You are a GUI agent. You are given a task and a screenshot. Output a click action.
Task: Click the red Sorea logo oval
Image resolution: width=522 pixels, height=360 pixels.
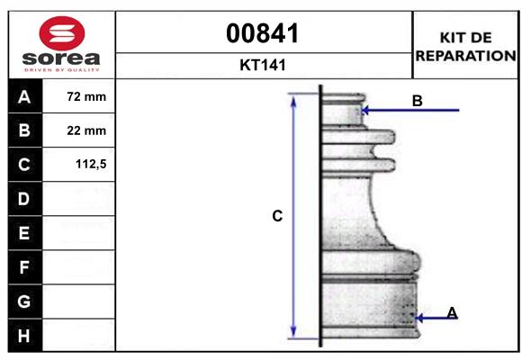tap(62, 33)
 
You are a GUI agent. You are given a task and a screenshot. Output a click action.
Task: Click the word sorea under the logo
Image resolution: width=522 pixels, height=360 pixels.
tap(61, 58)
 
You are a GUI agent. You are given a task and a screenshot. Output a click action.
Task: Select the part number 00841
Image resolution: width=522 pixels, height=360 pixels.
tap(262, 33)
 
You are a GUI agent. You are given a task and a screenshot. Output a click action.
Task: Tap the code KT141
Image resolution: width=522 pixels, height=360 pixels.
tap(263, 65)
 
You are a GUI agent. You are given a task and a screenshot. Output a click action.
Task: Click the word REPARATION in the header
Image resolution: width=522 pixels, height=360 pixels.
tap(465, 56)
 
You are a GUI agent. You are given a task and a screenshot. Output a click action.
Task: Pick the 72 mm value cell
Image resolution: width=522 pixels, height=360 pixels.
tap(78, 96)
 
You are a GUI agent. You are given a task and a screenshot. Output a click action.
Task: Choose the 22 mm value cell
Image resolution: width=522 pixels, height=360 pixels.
tap(78, 130)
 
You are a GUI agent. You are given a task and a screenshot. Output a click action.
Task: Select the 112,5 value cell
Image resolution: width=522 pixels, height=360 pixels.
tap(78, 164)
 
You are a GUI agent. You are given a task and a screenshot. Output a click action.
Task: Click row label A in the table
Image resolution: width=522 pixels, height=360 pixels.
tap(24, 97)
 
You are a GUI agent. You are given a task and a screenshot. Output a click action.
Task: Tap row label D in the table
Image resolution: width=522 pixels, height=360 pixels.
tap(24, 199)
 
